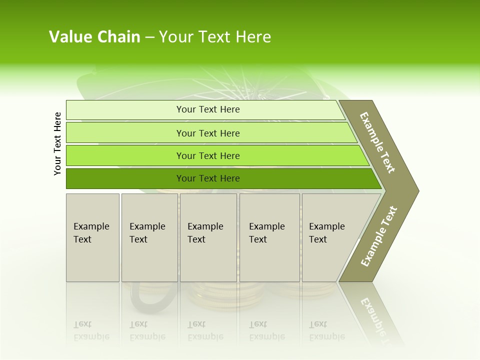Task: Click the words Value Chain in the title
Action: click(x=94, y=37)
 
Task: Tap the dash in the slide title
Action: click(x=149, y=37)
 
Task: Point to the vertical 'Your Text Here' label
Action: click(x=57, y=143)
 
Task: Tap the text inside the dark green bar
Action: click(x=208, y=178)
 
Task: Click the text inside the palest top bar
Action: click(x=208, y=109)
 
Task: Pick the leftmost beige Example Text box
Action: click(x=92, y=237)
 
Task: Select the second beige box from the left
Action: click(x=149, y=237)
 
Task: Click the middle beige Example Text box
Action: click(x=208, y=237)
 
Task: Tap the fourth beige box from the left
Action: click(x=269, y=237)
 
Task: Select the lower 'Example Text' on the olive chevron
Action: click(x=379, y=236)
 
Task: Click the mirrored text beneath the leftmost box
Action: click(x=91, y=330)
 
